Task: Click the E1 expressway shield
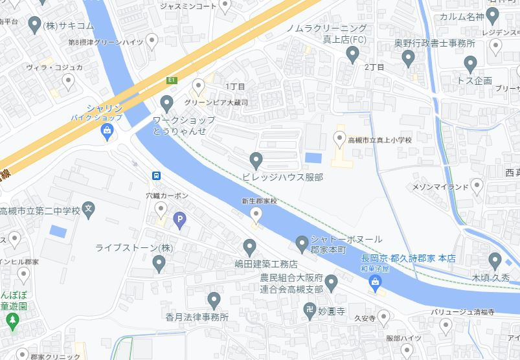[x=172, y=80]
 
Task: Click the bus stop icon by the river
[x=156, y=175]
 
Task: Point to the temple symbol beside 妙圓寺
[x=310, y=310]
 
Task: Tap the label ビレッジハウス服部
[x=282, y=177]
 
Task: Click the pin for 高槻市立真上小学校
[x=339, y=138]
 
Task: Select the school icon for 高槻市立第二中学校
[x=89, y=210]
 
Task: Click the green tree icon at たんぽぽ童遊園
[x=11, y=319]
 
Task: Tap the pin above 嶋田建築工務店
[x=249, y=247]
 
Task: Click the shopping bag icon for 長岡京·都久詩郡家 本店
[x=374, y=280]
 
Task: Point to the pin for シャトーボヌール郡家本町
[x=301, y=243]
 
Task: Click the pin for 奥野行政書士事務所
[x=408, y=59]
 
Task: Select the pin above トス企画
[x=471, y=63]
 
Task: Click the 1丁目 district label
[x=235, y=86]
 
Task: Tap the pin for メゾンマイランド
[x=477, y=187]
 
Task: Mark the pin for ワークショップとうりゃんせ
[x=167, y=103]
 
